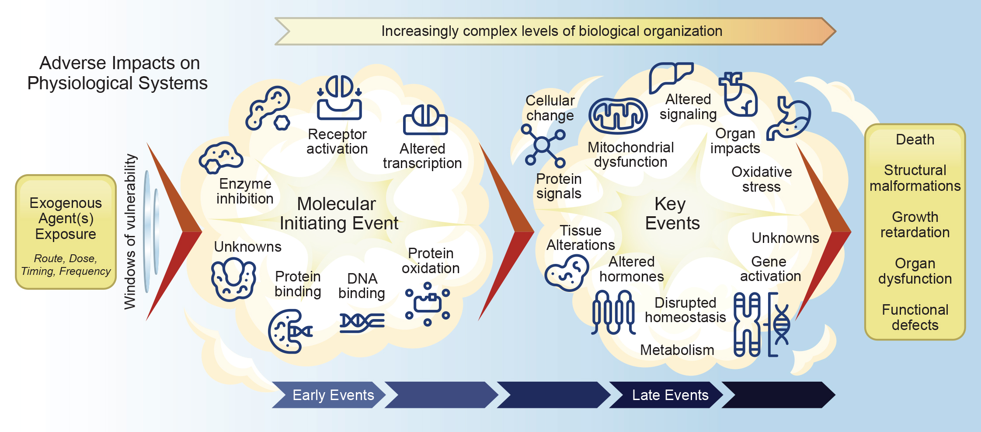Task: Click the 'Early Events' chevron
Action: click(x=329, y=395)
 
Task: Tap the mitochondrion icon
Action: click(x=618, y=116)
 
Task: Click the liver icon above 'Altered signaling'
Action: click(x=671, y=77)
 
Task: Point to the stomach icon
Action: click(x=790, y=118)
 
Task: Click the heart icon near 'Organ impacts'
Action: click(x=739, y=94)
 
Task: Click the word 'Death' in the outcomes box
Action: click(x=915, y=140)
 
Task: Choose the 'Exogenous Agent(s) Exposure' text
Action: click(x=66, y=218)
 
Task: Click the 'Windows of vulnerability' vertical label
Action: click(x=130, y=232)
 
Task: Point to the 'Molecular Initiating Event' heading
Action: click(x=338, y=214)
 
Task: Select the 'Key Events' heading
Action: click(x=672, y=214)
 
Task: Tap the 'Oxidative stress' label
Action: click(x=762, y=179)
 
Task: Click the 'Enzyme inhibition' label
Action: click(x=245, y=191)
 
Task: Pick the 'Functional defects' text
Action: click(x=915, y=317)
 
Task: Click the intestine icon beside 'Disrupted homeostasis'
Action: click(x=613, y=313)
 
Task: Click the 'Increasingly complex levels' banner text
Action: click(x=552, y=31)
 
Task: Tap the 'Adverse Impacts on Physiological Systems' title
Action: click(x=118, y=73)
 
